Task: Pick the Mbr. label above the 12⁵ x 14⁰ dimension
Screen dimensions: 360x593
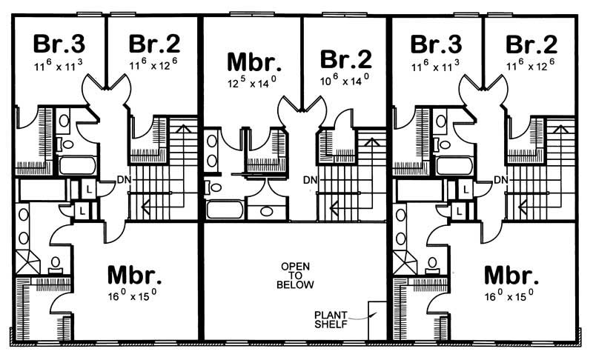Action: (x=253, y=60)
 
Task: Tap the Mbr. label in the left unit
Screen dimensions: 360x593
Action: (x=135, y=275)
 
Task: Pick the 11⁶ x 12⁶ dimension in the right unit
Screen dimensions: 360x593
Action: (x=530, y=66)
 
